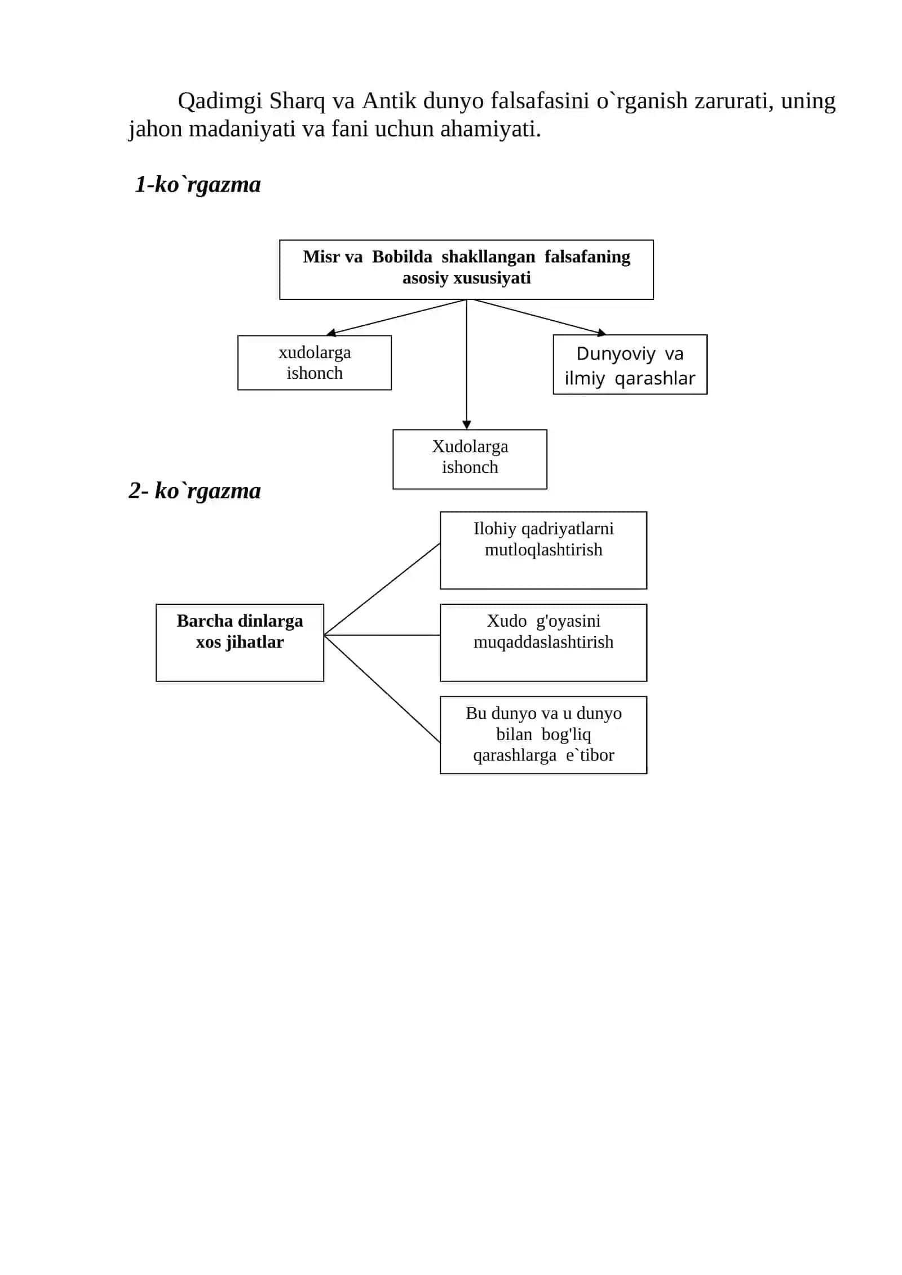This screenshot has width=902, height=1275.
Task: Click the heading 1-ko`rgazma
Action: pos(198,185)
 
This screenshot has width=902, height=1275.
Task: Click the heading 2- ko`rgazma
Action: pos(194,491)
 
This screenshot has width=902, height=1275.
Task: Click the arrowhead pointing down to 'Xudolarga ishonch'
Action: pos(467,425)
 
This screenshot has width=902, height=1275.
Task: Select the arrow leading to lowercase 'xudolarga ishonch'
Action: pos(396,317)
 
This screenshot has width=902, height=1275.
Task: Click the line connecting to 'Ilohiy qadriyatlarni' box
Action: pos(382,589)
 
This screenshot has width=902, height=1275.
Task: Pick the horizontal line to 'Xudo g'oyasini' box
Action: pos(382,635)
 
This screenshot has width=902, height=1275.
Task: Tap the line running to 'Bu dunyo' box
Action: pos(382,689)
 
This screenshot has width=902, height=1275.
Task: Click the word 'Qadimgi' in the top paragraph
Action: pos(220,101)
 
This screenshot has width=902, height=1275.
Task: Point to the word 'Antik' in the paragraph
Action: pos(389,101)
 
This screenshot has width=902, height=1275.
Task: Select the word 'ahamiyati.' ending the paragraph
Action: pos(490,130)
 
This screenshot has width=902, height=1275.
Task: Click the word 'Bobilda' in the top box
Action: pos(402,256)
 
